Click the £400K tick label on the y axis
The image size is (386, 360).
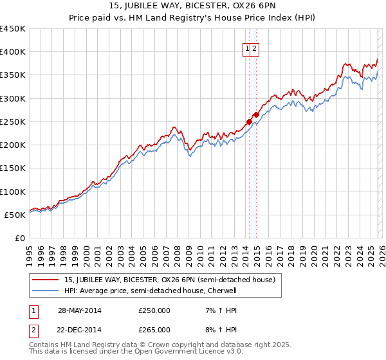(13, 52)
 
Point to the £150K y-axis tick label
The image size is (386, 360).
(13, 168)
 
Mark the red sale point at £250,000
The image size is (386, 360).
(249, 122)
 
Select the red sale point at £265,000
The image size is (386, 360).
(256, 114)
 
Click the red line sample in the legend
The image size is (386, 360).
(46, 280)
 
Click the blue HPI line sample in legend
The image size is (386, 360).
(46, 291)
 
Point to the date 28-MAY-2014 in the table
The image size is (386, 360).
(79, 310)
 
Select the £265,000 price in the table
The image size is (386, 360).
(154, 329)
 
